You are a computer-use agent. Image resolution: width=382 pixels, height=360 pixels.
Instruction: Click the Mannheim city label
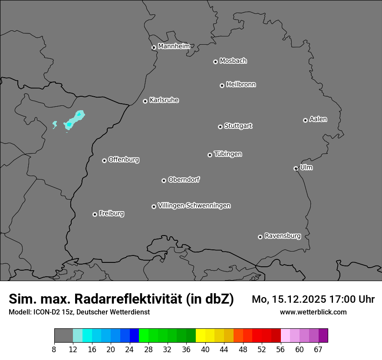click(x=174, y=46)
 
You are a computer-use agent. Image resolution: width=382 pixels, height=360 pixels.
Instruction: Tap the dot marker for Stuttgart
click(x=221, y=127)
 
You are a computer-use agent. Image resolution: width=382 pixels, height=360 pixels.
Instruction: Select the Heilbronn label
click(x=241, y=85)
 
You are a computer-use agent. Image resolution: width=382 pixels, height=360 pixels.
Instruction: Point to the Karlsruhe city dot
click(x=145, y=101)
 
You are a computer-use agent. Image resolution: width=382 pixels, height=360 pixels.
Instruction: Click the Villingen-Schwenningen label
click(x=194, y=206)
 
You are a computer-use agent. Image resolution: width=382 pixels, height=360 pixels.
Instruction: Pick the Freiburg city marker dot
click(x=95, y=214)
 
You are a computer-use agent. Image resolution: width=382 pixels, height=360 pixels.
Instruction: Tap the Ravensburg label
click(x=283, y=236)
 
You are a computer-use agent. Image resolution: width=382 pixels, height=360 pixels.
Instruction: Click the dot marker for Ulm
click(x=296, y=168)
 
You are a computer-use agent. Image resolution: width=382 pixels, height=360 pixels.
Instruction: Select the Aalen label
click(x=318, y=119)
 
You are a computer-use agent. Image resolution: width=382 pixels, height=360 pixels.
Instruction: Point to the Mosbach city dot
click(x=215, y=62)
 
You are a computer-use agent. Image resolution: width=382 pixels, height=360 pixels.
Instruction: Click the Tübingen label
click(x=228, y=154)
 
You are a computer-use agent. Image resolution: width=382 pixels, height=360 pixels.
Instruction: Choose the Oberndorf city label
click(x=184, y=180)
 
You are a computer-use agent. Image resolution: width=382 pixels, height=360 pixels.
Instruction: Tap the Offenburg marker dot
click(x=104, y=160)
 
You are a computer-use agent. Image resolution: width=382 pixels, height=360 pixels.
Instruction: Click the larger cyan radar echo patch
click(x=75, y=120)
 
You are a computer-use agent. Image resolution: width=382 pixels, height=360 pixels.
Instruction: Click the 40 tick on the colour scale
click(x=205, y=350)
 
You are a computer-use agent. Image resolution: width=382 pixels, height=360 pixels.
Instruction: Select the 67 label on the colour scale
click(x=318, y=350)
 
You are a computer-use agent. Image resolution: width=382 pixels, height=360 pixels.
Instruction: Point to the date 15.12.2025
click(x=299, y=299)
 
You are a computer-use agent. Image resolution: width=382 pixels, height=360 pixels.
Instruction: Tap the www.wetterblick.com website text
click(x=313, y=312)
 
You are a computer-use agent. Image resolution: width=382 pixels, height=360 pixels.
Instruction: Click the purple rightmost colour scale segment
click(x=323, y=336)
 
